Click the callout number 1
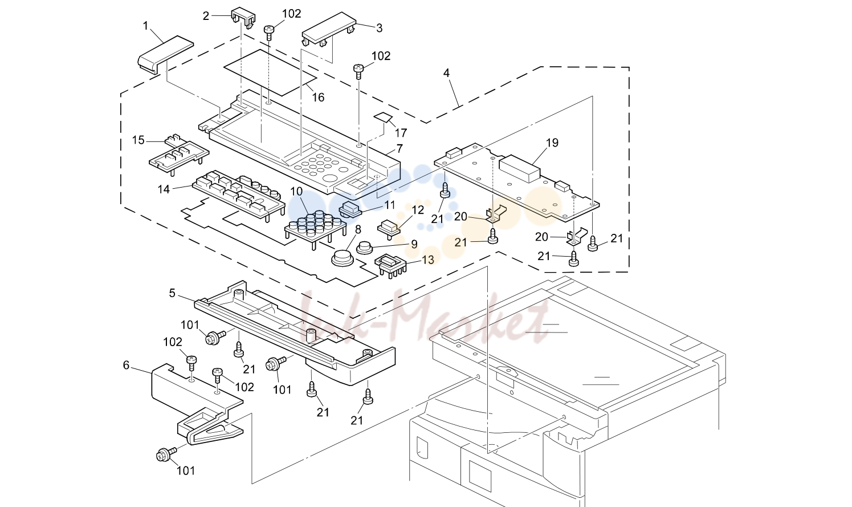[145, 26]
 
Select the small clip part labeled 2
[243, 18]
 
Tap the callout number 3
[379, 28]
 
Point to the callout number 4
[447, 73]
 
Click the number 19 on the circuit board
[552, 143]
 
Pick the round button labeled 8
[343, 258]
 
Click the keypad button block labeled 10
[315, 228]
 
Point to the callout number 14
[164, 189]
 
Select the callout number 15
[138, 140]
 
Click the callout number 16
[319, 98]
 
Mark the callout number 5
[172, 293]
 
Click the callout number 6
[127, 366]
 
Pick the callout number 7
[399, 148]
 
